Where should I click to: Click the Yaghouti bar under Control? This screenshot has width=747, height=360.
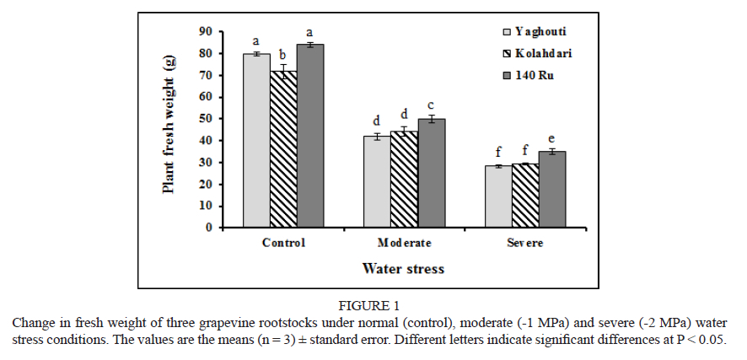(256, 141)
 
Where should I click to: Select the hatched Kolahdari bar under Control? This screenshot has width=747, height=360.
(283, 149)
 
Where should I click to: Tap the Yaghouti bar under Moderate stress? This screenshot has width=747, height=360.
(377, 181)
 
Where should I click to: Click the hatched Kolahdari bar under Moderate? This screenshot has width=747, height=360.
(405, 179)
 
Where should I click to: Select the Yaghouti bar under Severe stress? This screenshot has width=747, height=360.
(498, 196)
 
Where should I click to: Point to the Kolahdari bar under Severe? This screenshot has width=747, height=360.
(525, 196)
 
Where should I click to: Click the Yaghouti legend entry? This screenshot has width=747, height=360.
(532, 31)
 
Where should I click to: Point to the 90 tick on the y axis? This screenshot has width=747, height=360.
(205, 32)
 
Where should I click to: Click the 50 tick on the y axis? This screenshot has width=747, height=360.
(205, 119)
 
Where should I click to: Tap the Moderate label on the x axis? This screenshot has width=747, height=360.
(405, 243)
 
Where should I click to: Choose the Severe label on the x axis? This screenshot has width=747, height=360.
(525, 243)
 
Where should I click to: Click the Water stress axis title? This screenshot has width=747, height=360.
(403, 269)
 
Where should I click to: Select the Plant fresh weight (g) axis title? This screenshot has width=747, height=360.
(169, 125)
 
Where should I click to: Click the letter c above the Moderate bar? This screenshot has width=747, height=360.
(432, 105)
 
